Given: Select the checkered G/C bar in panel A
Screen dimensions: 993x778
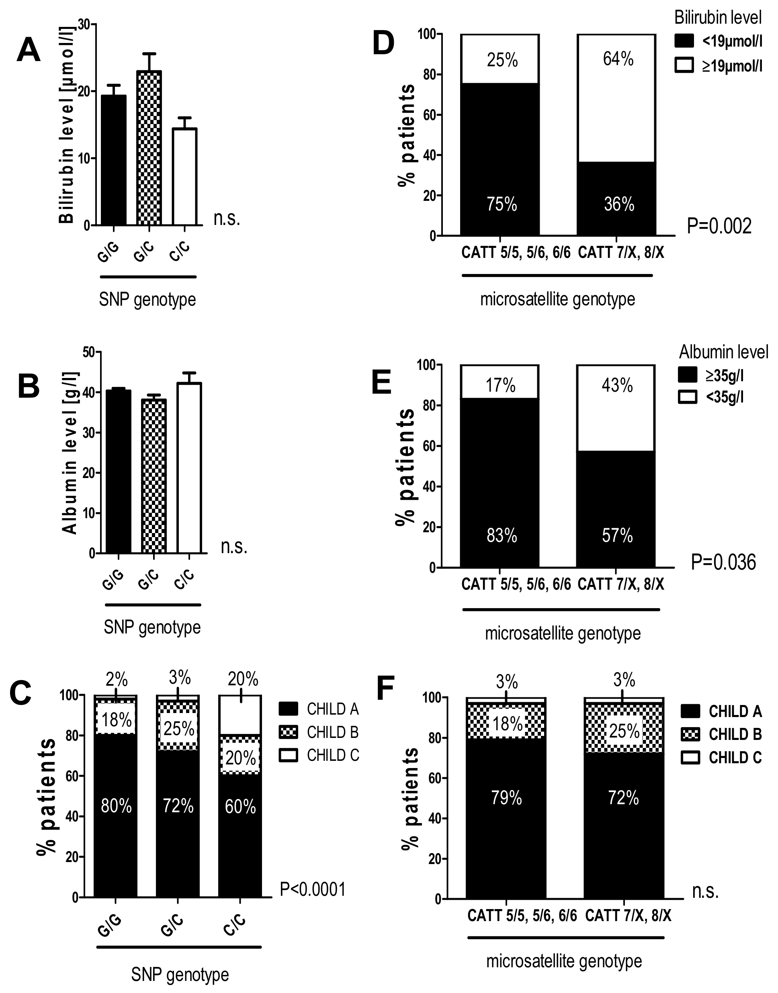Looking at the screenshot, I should pyautogui.click(x=149, y=148).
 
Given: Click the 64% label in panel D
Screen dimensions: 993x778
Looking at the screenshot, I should pyautogui.click(x=618, y=59).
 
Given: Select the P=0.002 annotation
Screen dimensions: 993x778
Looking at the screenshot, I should pyautogui.click(x=719, y=226).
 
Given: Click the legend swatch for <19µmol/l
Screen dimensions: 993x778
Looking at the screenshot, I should pyautogui.click(x=684, y=41).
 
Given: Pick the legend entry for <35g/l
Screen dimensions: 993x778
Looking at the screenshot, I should pyautogui.click(x=724, y=397).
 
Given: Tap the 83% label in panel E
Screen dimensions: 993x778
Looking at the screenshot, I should pyautogui.click(x=502, y=535).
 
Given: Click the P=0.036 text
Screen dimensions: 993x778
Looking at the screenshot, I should pyautogui.click(x=723, y=562).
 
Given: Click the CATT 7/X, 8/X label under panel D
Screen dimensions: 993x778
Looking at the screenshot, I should pyautogui.click(x=621, y=253).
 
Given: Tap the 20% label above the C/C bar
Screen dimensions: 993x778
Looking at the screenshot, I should pyautogui.click(x=243, y=679).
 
